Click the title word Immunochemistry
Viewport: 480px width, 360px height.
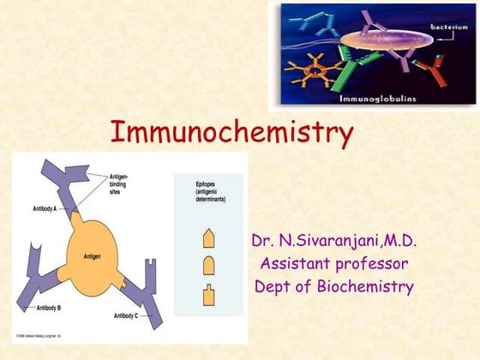[231, 134]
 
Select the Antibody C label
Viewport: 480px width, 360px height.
[129, 315]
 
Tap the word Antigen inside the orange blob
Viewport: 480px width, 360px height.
[93, 255]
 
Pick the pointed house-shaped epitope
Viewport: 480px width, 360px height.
[208, 238]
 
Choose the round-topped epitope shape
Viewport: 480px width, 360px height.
[208, 267]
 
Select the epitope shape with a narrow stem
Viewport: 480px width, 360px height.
[208, 296]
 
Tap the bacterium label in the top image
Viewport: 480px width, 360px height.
[448, 28]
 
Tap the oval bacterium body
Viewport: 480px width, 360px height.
[390, 43]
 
